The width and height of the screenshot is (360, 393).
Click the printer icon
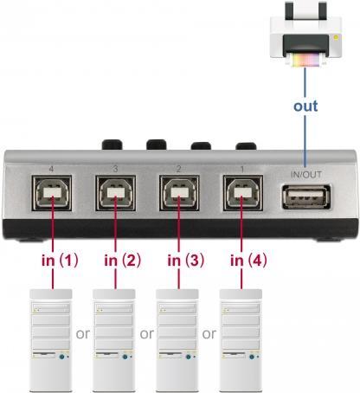305,34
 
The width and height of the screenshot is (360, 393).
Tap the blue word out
305,106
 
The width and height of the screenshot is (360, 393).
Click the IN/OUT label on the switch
305,175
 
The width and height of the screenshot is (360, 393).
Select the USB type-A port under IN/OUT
306,197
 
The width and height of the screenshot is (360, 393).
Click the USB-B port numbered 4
52,193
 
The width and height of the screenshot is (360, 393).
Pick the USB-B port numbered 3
115,193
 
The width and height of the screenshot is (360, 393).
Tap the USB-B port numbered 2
179,193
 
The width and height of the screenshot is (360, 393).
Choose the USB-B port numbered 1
243,193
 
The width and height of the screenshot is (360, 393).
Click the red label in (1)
60,261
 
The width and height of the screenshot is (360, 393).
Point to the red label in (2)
123,261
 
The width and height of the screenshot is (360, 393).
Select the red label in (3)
186,261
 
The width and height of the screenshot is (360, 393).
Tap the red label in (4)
248,261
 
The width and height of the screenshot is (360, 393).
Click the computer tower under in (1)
51,340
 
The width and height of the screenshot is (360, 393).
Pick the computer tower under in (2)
114,340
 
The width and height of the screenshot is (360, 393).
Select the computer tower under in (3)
177,340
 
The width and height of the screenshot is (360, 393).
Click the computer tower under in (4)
241,340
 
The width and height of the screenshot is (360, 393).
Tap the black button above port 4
112,145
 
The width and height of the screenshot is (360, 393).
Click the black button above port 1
246,146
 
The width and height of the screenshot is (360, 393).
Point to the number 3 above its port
115,169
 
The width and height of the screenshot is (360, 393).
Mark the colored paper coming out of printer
305,61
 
